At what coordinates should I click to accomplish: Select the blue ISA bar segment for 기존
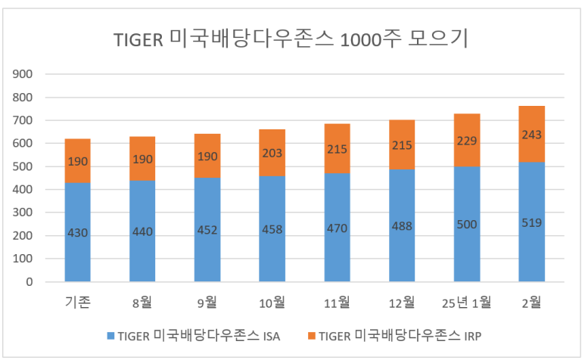point(77,257)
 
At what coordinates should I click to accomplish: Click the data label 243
point(531,134)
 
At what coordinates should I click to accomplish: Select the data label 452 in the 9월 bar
point(207,230)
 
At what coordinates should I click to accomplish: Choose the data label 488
point(402,225)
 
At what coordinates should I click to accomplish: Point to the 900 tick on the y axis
point(24,74)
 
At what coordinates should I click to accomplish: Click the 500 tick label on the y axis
point(24,166)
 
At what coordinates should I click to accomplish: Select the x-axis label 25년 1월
point(466,303)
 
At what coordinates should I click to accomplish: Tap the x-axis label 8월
point(142,303)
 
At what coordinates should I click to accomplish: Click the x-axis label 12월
point(402,303)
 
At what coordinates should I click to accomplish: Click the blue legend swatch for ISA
point(111,336)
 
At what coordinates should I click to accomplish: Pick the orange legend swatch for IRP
point(310,336)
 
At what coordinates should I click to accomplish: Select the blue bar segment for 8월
point(142,257)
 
